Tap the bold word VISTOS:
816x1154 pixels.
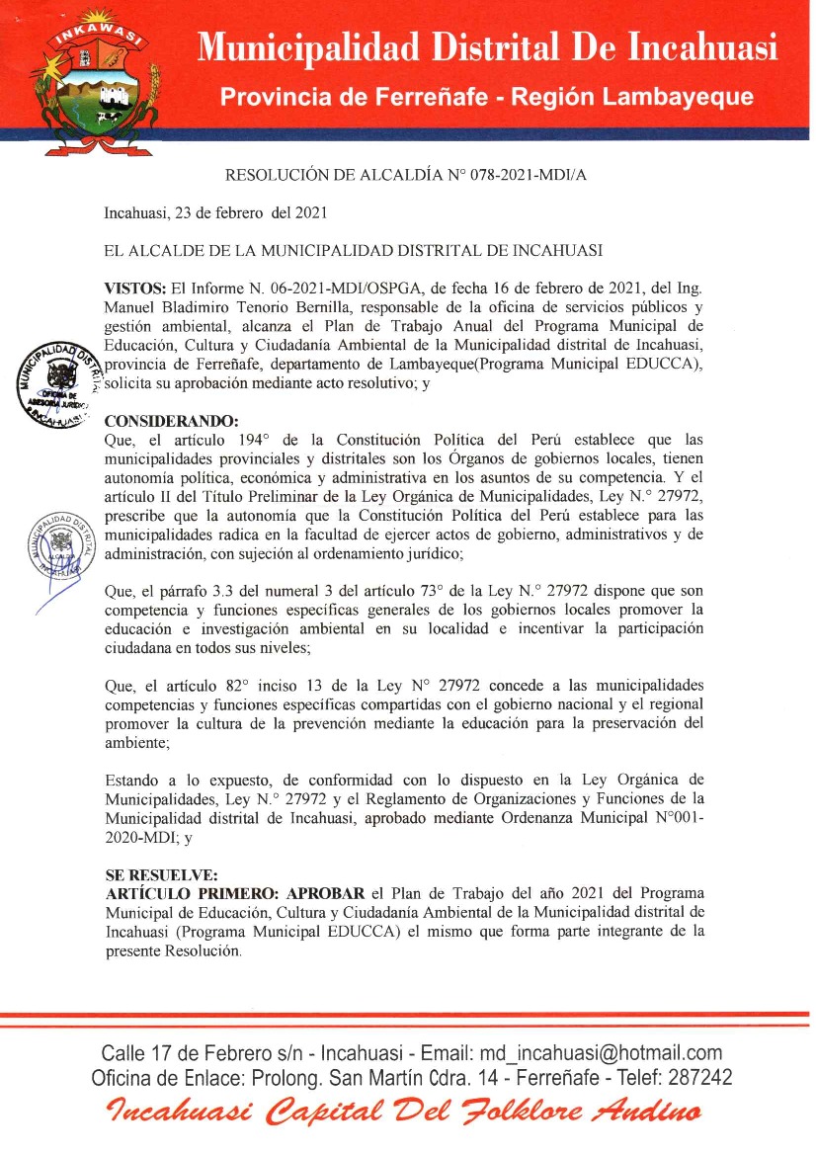135,288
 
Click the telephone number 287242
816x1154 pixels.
698,1077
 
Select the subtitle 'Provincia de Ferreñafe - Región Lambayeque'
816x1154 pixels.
486,97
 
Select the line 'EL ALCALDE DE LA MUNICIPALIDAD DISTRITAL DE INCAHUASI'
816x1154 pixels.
354,250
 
